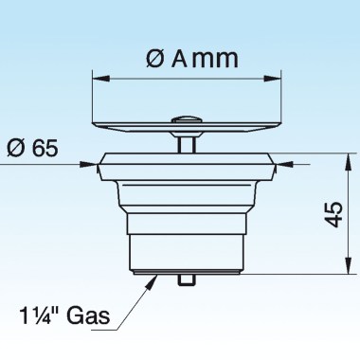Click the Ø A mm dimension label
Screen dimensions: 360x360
click(x=190, y=59)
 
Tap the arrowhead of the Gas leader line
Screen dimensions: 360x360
click(x=157, y=276)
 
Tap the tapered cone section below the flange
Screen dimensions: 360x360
click(x=190, y=194)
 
